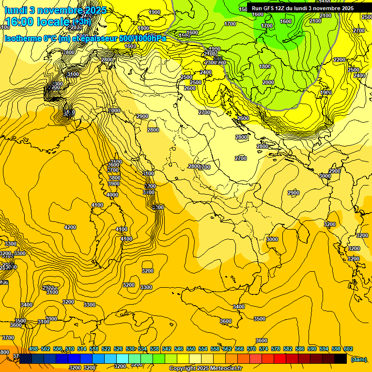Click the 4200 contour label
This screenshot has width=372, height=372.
click(70, 227)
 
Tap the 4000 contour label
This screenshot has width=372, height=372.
click(112, 195)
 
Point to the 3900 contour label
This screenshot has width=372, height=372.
click(114, 184)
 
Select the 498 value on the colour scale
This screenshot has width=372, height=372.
click(33, 349)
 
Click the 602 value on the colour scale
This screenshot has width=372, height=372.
click(348, 349)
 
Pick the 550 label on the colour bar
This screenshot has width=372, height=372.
click(191, 349)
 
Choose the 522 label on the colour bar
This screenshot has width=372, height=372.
click(106, 349)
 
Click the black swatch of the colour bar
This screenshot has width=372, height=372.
click(340, 358)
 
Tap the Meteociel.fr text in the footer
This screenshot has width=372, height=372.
click(227, 369)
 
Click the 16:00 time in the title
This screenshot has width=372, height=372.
click(19, 22)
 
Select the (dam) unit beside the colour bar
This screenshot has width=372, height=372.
click(359, 359)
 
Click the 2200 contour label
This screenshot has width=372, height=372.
click(340, 60)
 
